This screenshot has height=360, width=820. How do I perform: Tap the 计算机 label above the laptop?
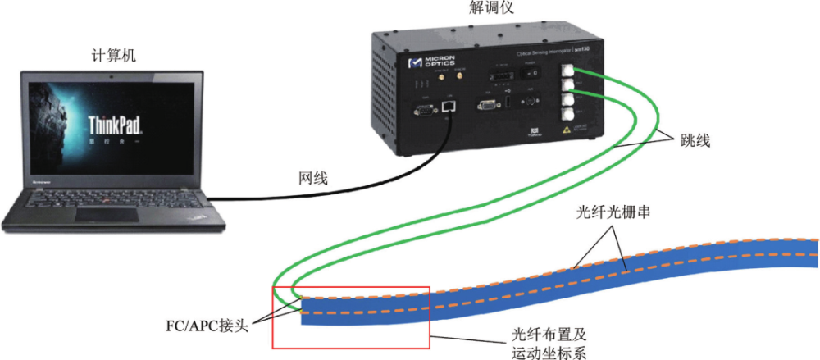[113, 57]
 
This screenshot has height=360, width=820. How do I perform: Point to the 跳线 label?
[694, 141]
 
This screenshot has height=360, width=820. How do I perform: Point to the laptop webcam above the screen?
[114, 75]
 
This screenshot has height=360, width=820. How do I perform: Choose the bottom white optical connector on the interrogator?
[567, 115]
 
